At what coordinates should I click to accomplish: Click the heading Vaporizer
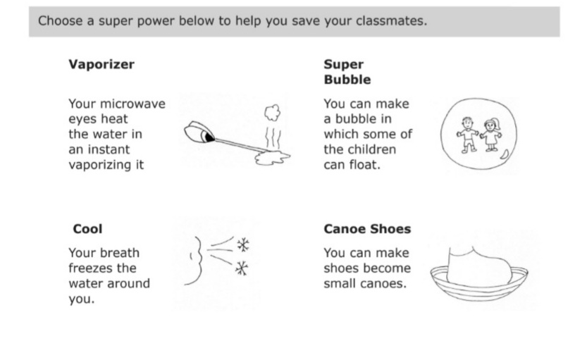(x=101, y=64)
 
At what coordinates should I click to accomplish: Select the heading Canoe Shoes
(x=367, y=229)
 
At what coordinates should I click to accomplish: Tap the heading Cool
(x=87, y=229)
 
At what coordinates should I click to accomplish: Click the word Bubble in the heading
(x=347, y=80)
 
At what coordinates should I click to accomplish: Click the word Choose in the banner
(x=61, y=21)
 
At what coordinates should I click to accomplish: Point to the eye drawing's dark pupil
(x=209, y=137)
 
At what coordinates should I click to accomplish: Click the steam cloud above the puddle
(x=273, y=113)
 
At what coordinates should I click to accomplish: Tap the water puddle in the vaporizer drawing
(x=272, y=158)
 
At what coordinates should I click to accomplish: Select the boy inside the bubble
(x=467, y=135)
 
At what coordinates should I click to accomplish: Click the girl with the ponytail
(x=491, y=135)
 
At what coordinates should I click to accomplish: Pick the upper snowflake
(x=243, y=245)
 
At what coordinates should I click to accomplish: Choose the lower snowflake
(x=242, y=268)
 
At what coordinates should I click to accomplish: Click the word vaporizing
(x=100, y=165)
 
